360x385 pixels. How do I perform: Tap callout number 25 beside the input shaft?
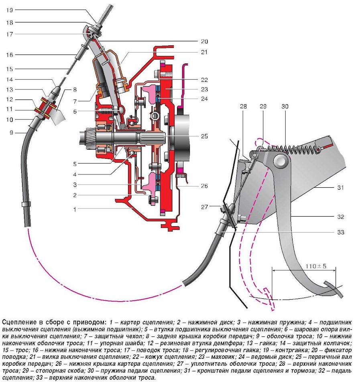(x=204, y=136)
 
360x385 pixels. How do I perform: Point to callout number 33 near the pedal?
(x=341, y=232)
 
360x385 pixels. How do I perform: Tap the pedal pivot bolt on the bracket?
(x=281, y=161)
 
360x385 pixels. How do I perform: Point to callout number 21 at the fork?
(x=204, y=52)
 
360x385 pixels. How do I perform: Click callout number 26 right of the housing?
(x=204, y=186)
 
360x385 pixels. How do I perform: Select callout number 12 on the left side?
(x=9, y=99)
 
